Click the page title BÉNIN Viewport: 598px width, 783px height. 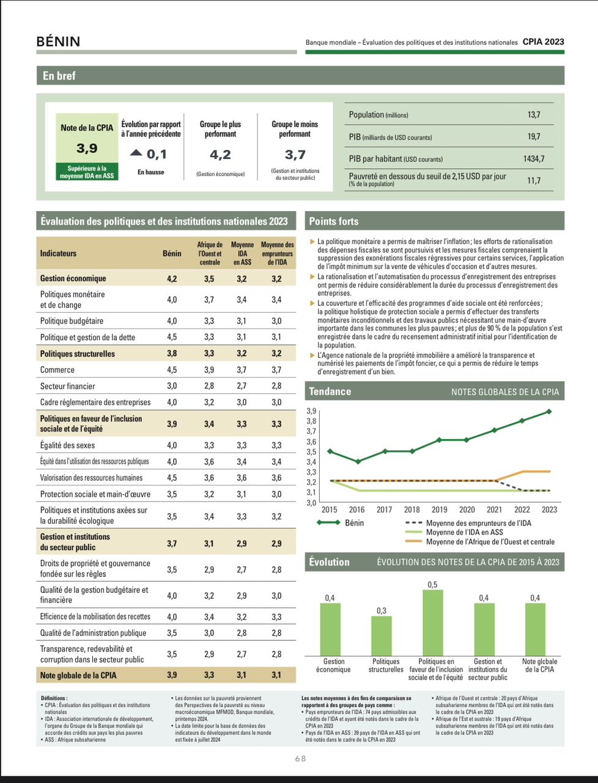(x=58, y=42)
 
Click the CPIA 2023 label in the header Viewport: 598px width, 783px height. (x=543, y=42)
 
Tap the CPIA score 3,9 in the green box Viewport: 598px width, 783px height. (x=87, y=148)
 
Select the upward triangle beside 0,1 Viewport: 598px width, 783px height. (x=136, y=153)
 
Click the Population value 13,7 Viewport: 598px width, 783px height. (x=534, y=114)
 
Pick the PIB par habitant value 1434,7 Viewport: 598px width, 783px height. (x=533, y=158)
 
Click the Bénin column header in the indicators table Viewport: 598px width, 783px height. (x=172, y=253)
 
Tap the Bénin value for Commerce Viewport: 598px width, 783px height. (x=172, y=369)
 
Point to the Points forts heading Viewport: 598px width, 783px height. (x=333, y=221)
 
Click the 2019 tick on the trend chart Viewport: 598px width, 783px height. (x=439, y=510)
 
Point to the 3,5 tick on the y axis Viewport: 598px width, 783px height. (x=312, y=452)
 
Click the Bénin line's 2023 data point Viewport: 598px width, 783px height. (x=549, y=412)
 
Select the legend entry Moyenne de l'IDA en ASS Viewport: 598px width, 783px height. (x=464, y=532)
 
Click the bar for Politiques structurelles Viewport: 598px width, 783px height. (x=382, y=636)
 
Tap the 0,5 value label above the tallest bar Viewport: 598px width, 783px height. (x=432, y=585)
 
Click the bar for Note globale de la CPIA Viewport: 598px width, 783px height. (x=535, y=629)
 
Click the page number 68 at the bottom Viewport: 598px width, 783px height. (x=300, y=759)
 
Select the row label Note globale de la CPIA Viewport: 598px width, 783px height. (x=78, y=675)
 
